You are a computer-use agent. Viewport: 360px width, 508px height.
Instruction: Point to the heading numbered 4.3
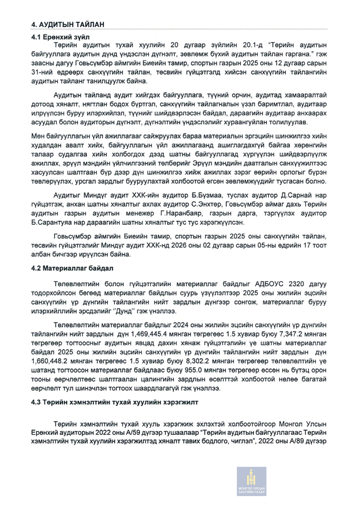click(115, 402)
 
